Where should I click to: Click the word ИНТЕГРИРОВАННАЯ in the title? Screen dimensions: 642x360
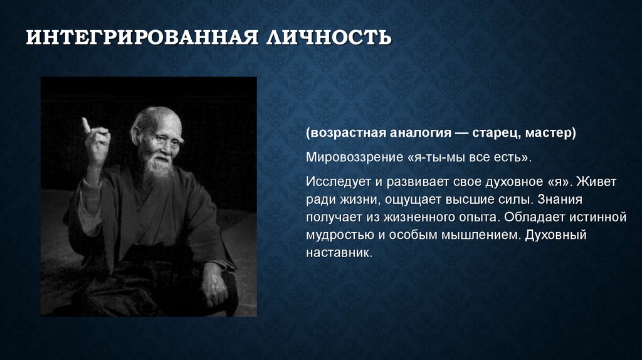pyautogui.click(x=142, y=37)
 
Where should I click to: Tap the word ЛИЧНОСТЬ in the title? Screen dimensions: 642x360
pyautogui.click(x=329, y=37)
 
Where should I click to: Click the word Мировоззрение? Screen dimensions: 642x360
pyautogui.click(x=355, y=157)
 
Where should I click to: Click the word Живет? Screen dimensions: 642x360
pyautogui.click(x=596, y=182)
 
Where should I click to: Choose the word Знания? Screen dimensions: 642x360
pyautogui.click(x=560, y=199)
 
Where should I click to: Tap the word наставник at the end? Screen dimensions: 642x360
pyautogui.click(x=339, y=252)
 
